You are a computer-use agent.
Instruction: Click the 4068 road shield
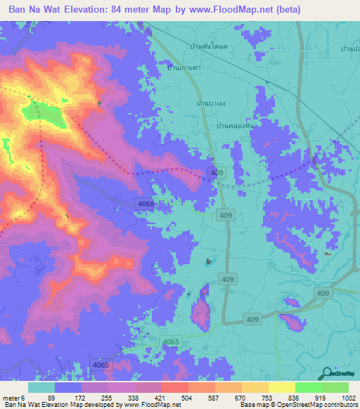pyautogui.click(x=145, y=203)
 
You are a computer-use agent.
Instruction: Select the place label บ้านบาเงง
pyautogui.click(x=211, y=103)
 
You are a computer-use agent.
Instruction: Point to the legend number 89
pyautogui.click(x=51, y=397)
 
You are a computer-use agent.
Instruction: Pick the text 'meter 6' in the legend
pyautogui.click(x=15, y=397)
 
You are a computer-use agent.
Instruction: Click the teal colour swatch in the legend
pyautogui.click(x=41, y=387)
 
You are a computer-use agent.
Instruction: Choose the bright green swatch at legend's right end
pyautogui.click(x=335, y=387)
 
